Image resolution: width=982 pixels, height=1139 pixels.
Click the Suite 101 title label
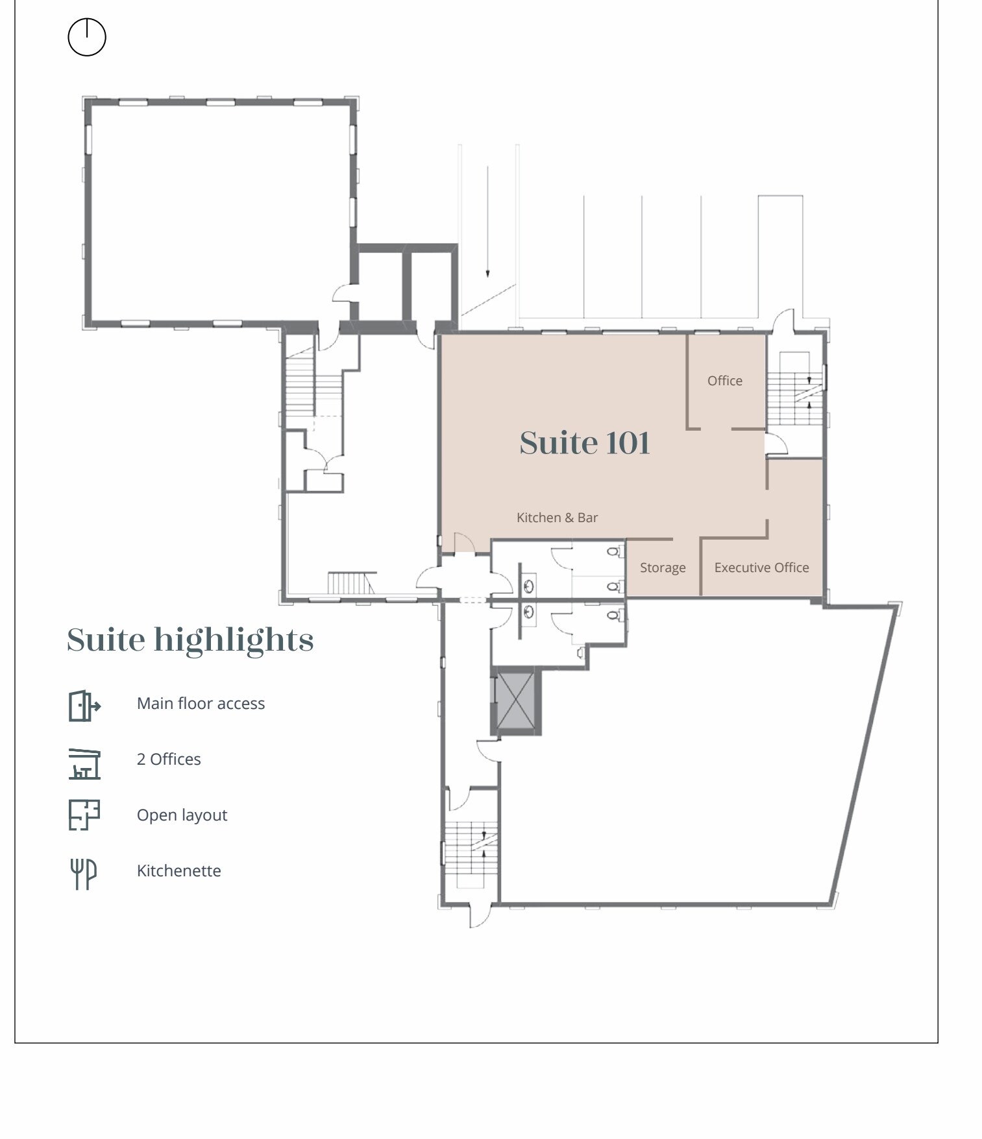click(584, 443)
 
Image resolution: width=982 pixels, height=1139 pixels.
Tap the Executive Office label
click(761, 568)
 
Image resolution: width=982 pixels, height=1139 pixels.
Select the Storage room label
click(662, 568)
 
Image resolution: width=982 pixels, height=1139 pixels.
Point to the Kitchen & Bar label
click(557, 518)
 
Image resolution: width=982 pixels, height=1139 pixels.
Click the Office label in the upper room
click(724, 381)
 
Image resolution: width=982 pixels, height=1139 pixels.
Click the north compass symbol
click(87, 37)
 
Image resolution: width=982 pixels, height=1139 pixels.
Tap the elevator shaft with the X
click(515, 701)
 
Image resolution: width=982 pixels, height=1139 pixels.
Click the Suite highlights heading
click(190, 640)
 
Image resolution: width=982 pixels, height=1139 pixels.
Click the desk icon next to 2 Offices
click(84, 763)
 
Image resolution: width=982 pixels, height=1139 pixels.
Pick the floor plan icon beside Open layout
click(84, 815)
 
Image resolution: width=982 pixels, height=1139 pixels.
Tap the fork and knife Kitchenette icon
click(84, 873)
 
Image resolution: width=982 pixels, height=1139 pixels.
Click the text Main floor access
click(201, 704)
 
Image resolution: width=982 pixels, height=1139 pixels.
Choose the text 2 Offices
click(169, 760)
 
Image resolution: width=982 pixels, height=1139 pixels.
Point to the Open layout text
click(182, 815)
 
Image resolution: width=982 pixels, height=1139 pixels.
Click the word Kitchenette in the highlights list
click(178, 871)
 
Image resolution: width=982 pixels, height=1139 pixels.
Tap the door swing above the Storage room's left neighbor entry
click(463, 543)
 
